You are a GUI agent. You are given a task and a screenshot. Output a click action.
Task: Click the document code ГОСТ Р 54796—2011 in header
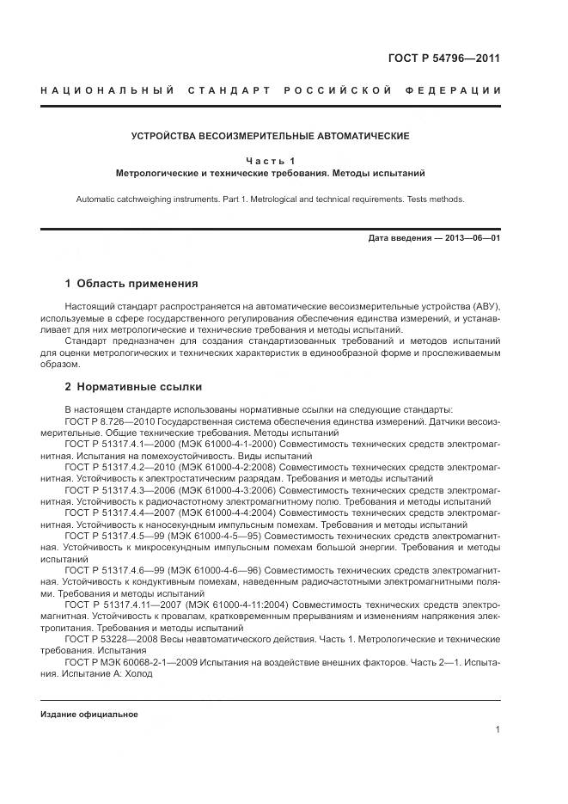(x=444, y=59)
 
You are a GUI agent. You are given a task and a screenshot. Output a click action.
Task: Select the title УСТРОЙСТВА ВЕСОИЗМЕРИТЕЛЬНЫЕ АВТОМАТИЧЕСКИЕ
(x=270, y=136)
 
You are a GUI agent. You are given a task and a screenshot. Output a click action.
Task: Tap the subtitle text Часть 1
(x=270, y=161)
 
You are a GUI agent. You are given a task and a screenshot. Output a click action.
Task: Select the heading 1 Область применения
(x=131, y=284)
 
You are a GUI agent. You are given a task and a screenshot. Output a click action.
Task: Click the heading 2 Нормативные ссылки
(x=133, y=387)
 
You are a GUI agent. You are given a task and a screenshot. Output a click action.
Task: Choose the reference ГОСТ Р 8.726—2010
(x=110, y=422)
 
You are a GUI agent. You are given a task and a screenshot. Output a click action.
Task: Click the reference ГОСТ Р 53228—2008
(x=110, y=639)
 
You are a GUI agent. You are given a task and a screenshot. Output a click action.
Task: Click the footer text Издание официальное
(x=89, y=715)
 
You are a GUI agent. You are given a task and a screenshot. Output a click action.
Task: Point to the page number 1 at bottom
(x=498, y=730)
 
